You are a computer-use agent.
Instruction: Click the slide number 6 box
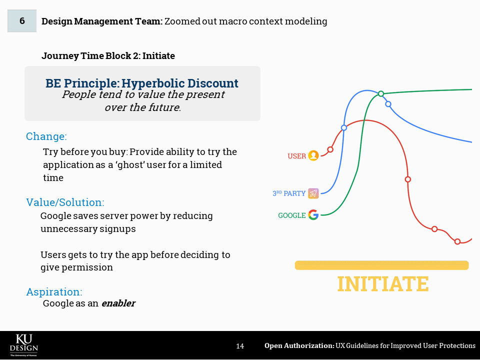(x=22, y=21)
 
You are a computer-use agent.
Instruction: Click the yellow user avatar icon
(x=313, y=155)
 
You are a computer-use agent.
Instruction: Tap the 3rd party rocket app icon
(x=313, y=193)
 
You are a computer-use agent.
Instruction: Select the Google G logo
(x=313, y=215)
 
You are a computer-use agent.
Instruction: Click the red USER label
(x=296, y=156)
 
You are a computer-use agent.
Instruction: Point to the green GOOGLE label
(x=292, y=215)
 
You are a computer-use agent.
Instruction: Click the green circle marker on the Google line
(x=381, y=93)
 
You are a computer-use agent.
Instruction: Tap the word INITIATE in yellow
(x=382, y=284)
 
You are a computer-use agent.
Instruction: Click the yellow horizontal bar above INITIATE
(x=381, y=265)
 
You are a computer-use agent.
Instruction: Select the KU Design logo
(x=24, y=345)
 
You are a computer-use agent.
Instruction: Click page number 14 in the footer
(x=240, y=346)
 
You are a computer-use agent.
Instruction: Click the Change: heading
(x=46, y=136)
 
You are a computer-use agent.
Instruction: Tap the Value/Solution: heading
(x=65, y=202)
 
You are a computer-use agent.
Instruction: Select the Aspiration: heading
(x=54, y=291)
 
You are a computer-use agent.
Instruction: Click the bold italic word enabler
(x=118, y=303)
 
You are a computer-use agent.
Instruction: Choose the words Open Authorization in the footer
(x=299, y=346)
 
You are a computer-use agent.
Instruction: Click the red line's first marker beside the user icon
(x=330, y=149)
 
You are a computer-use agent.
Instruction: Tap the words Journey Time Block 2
(x=90, y=56)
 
